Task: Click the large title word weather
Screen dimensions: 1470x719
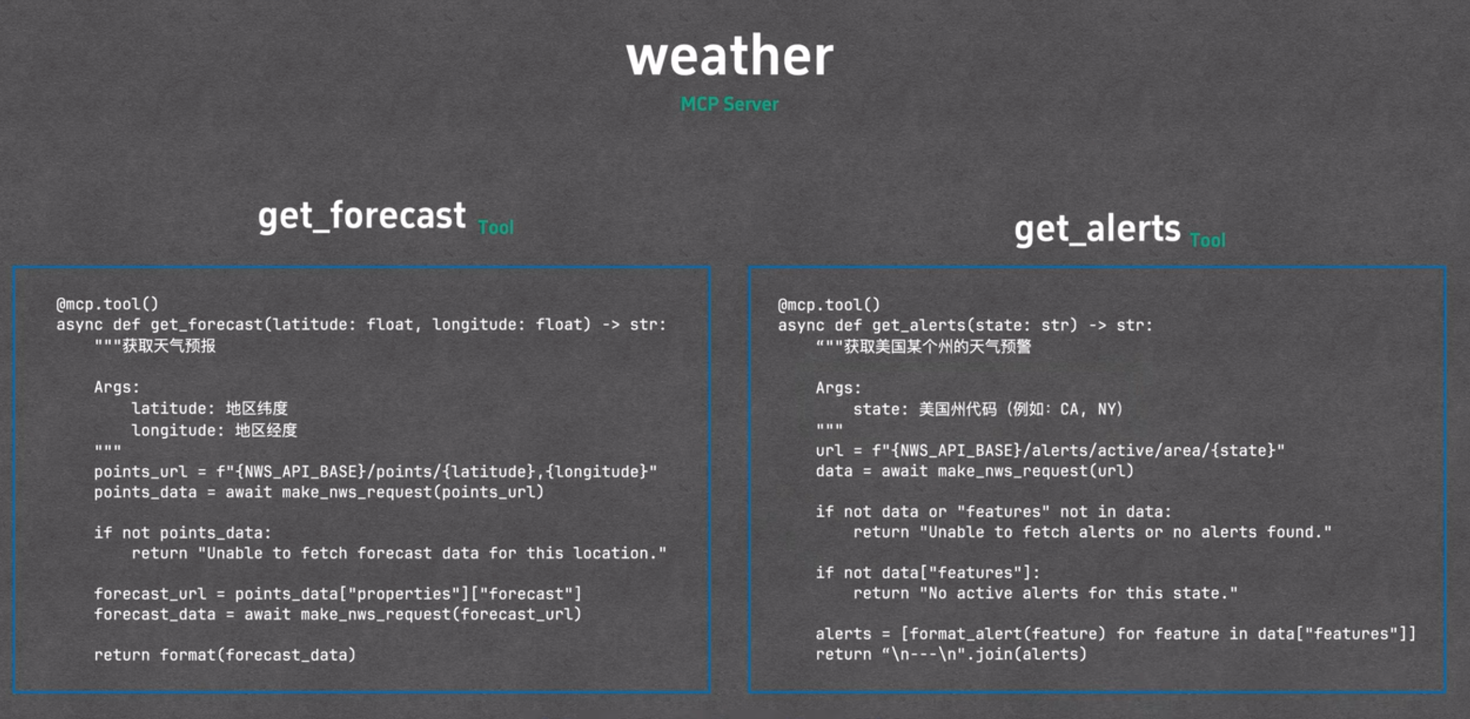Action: (730, 56)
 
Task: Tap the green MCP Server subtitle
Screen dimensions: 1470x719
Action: (730, 104)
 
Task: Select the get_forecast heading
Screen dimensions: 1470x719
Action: (362, 216)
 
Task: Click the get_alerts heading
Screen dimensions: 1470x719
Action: (1098, 229)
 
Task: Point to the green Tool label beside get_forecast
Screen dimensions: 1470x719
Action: (496, 228)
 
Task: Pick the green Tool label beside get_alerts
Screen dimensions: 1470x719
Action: (1207, 240)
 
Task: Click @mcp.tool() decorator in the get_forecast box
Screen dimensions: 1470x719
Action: (107, 304)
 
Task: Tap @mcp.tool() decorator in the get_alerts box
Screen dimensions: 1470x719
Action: (829, 305)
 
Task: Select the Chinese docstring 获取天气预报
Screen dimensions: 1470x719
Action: (169, 346)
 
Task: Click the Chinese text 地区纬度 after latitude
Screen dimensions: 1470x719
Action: (256, 408)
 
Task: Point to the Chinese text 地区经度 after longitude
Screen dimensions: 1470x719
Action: (266, 430)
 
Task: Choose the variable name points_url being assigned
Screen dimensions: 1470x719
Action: (140, 472)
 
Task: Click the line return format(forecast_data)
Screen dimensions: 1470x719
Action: (225, 655)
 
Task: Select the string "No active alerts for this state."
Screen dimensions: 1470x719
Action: (1079, 593)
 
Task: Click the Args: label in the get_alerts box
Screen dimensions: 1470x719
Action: (838, 388)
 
